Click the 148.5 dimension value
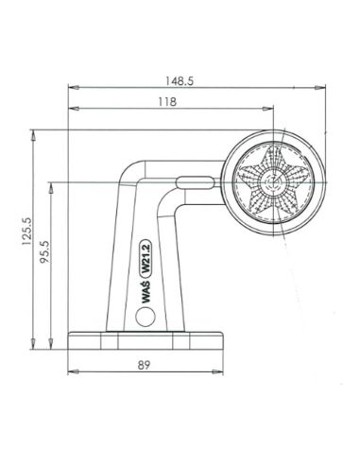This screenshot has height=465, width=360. pos(180,81)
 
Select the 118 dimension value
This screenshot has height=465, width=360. pos(167,102)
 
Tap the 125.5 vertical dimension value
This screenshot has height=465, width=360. pos(26,232)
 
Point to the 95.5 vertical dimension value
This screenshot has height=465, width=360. pos(44,251)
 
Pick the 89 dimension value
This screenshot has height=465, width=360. pos(144,365)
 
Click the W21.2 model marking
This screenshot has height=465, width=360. pos(146,258)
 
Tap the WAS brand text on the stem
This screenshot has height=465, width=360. pos(146,292)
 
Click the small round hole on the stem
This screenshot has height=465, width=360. pos(146,317)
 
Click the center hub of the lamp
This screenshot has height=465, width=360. pos(273,182)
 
